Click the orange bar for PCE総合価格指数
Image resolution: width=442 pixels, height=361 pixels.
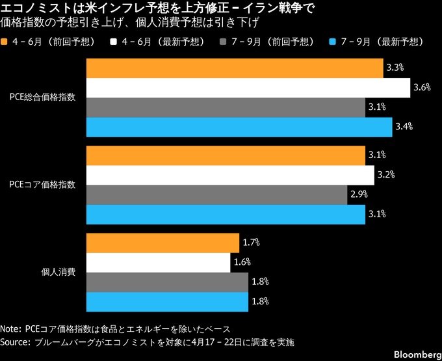234,68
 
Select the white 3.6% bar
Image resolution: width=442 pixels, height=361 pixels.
248,87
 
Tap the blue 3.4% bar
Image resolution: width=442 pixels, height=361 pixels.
239,126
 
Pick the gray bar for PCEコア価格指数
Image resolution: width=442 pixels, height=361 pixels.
216,194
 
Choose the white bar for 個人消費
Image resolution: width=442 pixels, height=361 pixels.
158,263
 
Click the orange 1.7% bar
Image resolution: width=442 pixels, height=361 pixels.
162,243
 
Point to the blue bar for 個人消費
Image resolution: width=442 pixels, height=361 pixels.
167,302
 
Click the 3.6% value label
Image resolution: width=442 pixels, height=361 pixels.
422,87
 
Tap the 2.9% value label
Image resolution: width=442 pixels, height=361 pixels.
359,194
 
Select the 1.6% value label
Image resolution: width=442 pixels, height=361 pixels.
242,263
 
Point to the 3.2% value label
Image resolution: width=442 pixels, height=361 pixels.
386,175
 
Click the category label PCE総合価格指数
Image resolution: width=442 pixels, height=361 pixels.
42,97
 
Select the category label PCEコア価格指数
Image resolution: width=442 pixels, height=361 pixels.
42,185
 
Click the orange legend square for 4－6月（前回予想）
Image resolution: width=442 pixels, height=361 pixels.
6,42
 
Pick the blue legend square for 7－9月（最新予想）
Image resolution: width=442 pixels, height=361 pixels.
332,42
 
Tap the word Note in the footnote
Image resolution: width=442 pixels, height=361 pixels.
11,328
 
